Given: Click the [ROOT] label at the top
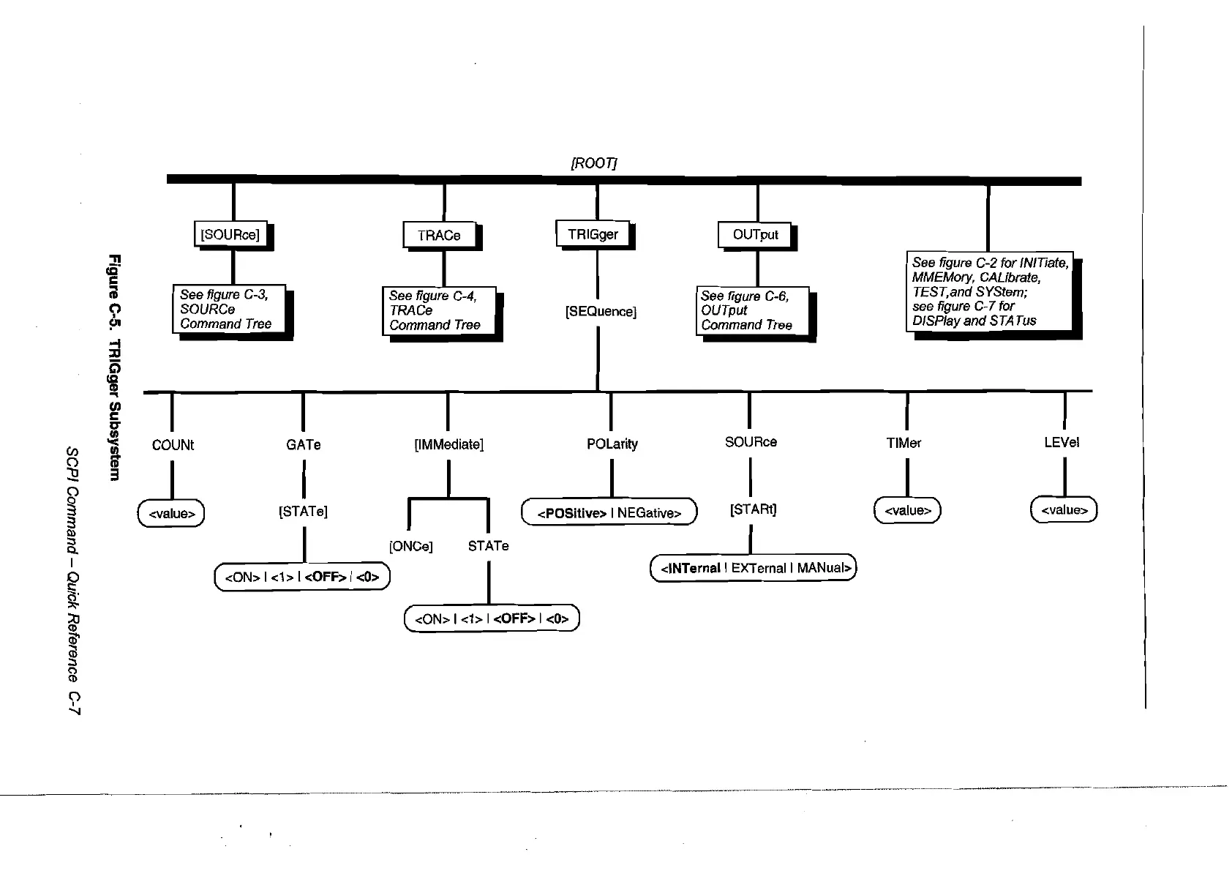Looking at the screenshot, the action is point(593,163).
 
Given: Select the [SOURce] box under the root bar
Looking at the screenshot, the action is point(230,235).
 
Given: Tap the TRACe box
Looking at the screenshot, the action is point(439,235).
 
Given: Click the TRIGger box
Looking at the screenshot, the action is point(593,234).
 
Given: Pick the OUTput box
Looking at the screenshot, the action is point(756,234).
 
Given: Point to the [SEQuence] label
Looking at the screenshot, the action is point(601,312).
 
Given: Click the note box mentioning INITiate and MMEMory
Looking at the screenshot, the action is point(989,291).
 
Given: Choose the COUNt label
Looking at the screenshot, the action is point(173,445).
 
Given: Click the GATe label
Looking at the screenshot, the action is point(303,444).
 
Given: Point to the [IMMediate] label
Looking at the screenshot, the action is point(448,444).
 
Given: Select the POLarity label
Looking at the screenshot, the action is point(612,444).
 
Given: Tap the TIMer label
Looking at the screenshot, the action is point(904,443).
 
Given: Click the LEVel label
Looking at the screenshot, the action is point(1062,442).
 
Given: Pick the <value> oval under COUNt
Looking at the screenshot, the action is point(171,514).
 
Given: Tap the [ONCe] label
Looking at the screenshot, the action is point(411,546).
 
